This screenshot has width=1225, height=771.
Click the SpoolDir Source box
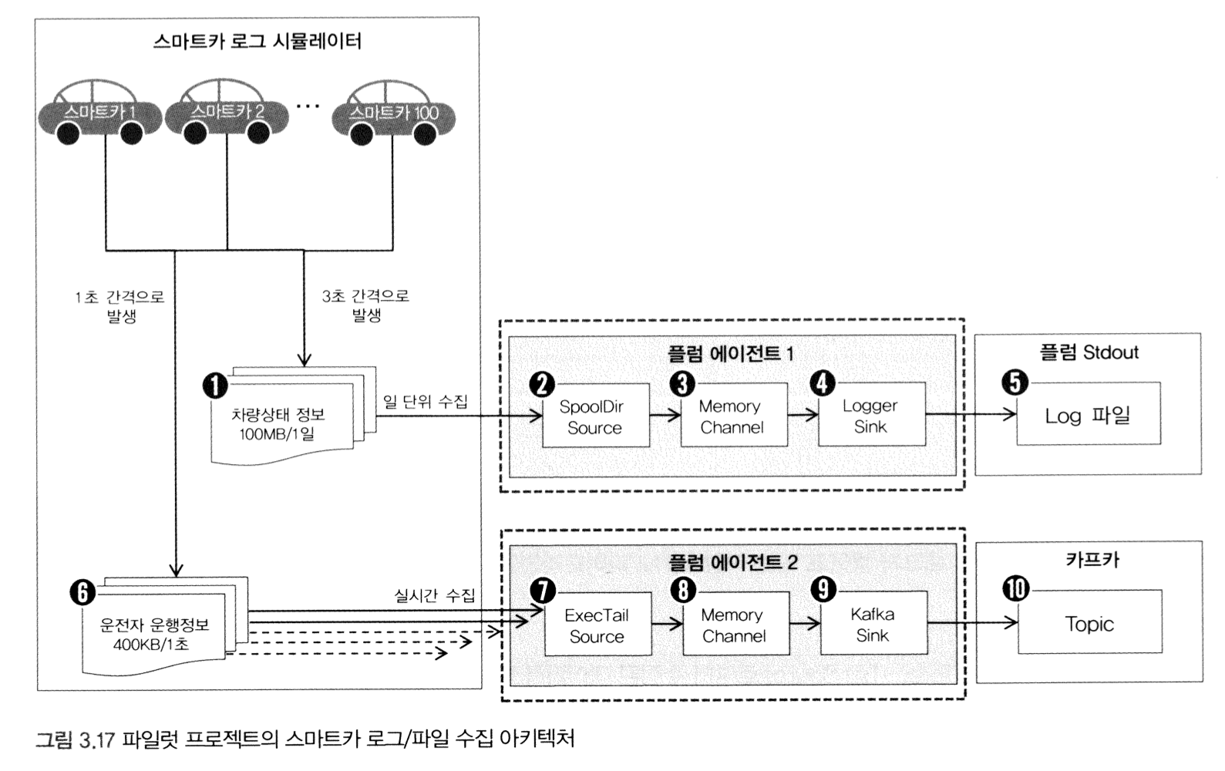(595, 417)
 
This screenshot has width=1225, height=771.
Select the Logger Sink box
(871, 416)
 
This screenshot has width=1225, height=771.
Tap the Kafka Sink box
(873, 625)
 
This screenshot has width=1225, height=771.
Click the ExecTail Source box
(597, 625)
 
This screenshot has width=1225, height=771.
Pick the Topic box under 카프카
(1089, 624)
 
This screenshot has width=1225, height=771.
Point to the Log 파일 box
(1088, 416)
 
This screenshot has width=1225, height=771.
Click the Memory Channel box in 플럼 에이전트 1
(732, 416)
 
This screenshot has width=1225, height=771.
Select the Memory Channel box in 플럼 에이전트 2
(735, 625)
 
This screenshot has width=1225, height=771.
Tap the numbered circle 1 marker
(216, 385)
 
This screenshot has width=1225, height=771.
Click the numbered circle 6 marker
(82, 591)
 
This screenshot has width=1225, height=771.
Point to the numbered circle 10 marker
(1016, 589)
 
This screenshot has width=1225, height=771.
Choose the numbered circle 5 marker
(1015, 382)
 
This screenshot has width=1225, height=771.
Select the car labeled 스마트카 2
(227, 114)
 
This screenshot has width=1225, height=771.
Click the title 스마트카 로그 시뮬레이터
(257, 41)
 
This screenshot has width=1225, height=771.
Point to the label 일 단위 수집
(426, 402)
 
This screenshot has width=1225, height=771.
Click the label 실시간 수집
(435, 595)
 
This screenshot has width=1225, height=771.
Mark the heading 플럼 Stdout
(1089, 352)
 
